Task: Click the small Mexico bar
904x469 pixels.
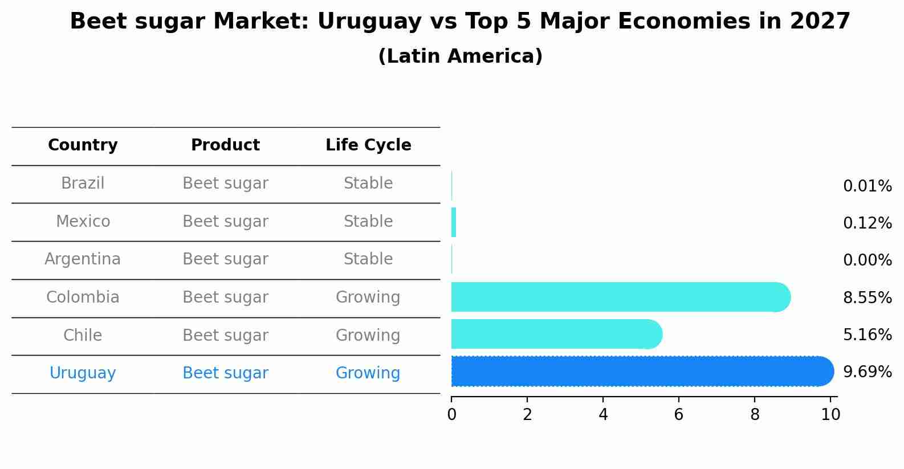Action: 454,222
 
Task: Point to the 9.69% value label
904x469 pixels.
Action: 867,372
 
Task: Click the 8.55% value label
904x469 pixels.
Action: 867,297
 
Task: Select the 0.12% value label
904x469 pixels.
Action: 867,223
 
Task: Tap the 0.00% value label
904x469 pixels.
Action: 867,260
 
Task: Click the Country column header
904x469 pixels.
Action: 83,145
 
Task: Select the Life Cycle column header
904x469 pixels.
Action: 368,145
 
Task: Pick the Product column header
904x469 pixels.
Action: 225,145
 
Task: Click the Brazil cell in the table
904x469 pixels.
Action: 83,183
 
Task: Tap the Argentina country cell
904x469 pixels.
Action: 83,259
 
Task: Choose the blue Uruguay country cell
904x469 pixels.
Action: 83,373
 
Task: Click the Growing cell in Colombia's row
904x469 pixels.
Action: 368,297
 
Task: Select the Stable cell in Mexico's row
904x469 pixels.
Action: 368,222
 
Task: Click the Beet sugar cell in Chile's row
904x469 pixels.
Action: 225,336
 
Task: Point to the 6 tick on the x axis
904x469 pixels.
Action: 678,415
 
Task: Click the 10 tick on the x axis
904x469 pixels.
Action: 830,415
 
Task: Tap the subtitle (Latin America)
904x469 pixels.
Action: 460,56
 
